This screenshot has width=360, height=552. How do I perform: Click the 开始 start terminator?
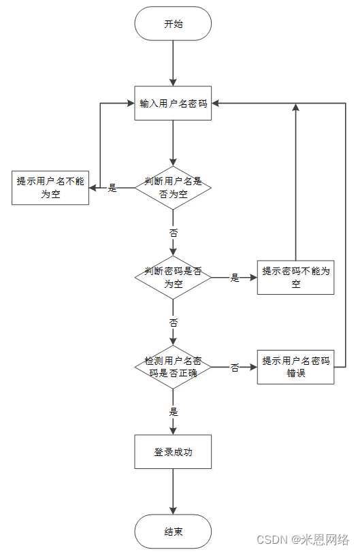pos(173,24)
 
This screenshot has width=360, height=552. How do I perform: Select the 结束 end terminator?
pos(173,532)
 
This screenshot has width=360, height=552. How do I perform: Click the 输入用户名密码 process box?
pos(173,103)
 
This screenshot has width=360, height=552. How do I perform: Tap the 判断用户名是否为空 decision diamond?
pos(173,187)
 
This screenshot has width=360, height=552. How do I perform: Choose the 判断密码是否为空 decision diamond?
pos(173,278)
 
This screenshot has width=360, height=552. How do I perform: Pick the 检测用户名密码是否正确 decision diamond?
pos(173,368)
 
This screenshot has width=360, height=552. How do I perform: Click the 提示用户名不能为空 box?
pos(50,187)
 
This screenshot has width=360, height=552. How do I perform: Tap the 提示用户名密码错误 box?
pos(295,368)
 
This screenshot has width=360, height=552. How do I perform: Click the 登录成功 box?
pos(173,452)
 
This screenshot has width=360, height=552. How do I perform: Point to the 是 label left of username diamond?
pos(112,188)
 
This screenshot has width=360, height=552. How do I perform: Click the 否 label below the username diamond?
pos(173,233)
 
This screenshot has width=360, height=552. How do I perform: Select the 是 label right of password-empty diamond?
pos(235,278)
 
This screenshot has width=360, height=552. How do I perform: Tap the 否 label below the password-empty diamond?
pos(173,323)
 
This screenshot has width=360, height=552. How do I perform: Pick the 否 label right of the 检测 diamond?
pos(235,368)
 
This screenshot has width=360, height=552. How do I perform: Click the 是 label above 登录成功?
pos(173,412)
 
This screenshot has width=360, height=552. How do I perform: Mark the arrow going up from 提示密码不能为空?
pos(295,184)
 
